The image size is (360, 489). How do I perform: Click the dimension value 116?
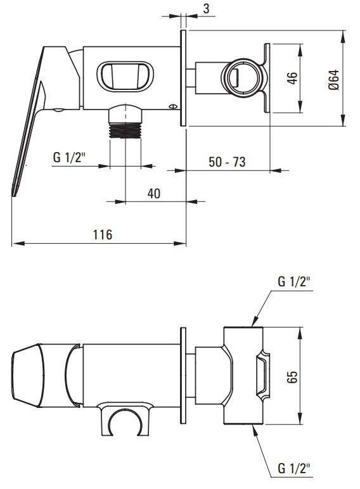click(103, 234)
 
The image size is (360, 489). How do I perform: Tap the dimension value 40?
click(154, 194)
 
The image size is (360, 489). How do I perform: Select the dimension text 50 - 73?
click(227, 162)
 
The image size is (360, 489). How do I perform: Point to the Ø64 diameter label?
click(333, 80)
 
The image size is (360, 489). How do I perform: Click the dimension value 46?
click(292, 78)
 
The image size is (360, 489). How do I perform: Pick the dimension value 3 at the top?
click(206, 8)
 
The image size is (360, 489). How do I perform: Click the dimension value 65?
click(292, 377)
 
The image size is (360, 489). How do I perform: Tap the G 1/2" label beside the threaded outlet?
click(69, 157)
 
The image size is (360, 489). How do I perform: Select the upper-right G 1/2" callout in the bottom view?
click(294, 282)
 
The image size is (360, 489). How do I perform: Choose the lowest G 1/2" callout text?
click(294, 469)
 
